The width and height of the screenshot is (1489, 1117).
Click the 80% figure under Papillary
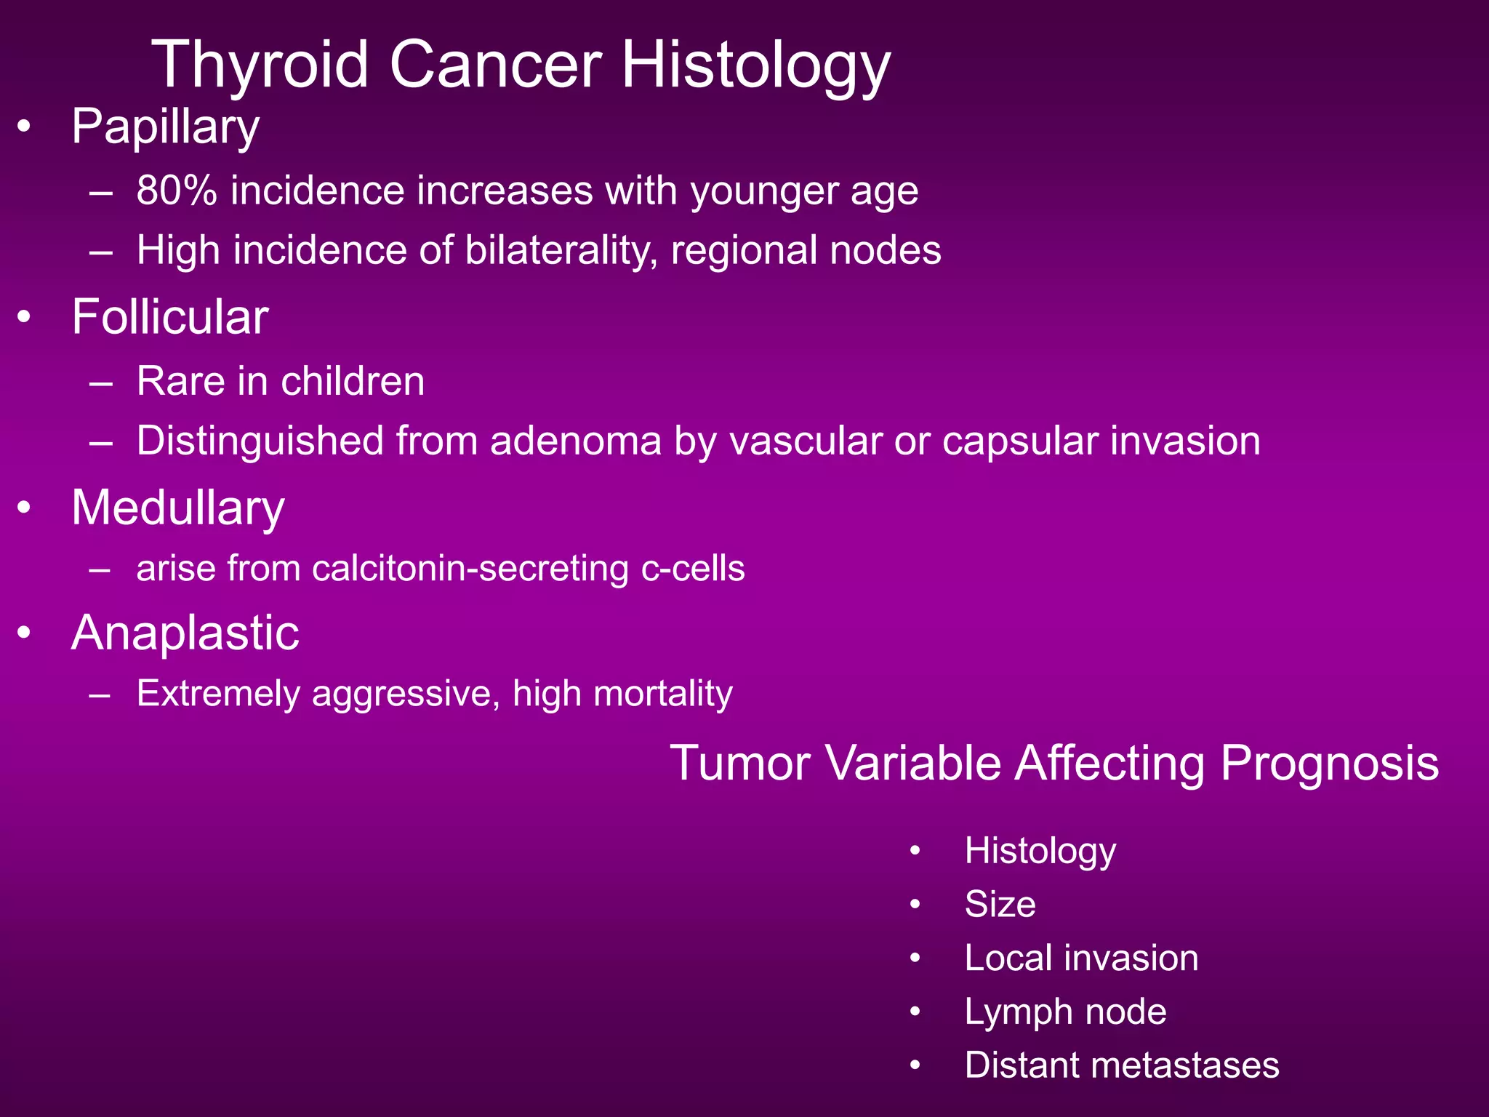(177, 191)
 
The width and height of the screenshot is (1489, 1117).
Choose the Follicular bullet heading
(170, 318)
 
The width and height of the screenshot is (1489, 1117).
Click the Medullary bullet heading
(177, 508)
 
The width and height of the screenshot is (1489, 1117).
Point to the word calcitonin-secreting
(470, 569)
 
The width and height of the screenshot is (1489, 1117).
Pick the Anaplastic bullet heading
(185, 633)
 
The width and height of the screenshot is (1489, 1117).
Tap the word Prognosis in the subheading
(1329, 764)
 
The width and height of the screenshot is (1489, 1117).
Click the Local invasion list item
(1081, 958)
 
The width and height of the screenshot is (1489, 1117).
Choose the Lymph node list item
(1065, 1012)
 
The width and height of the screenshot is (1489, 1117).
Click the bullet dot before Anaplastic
(25, 633)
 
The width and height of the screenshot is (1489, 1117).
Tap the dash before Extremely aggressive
(100, 694)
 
